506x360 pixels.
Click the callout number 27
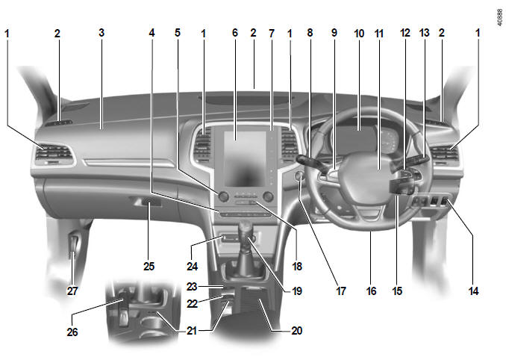click(72, 291)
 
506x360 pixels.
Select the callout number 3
click(101, 33)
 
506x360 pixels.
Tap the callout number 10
click(359, 34)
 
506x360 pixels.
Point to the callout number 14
click(473, 291)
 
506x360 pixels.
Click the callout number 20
click(297, 331)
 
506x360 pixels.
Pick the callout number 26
click(72, 332)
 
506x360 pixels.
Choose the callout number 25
click(149, 267)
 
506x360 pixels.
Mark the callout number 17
click(341, 291)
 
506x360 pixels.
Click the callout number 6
click(235, 33)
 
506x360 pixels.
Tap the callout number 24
click(193, 267)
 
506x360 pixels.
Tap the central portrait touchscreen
click(246, 159)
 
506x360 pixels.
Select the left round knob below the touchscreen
click(223, 196)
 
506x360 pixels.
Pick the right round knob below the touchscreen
click(268, 196)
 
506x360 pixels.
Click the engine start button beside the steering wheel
click(299, 176)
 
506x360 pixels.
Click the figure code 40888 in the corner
click(500, 17)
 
